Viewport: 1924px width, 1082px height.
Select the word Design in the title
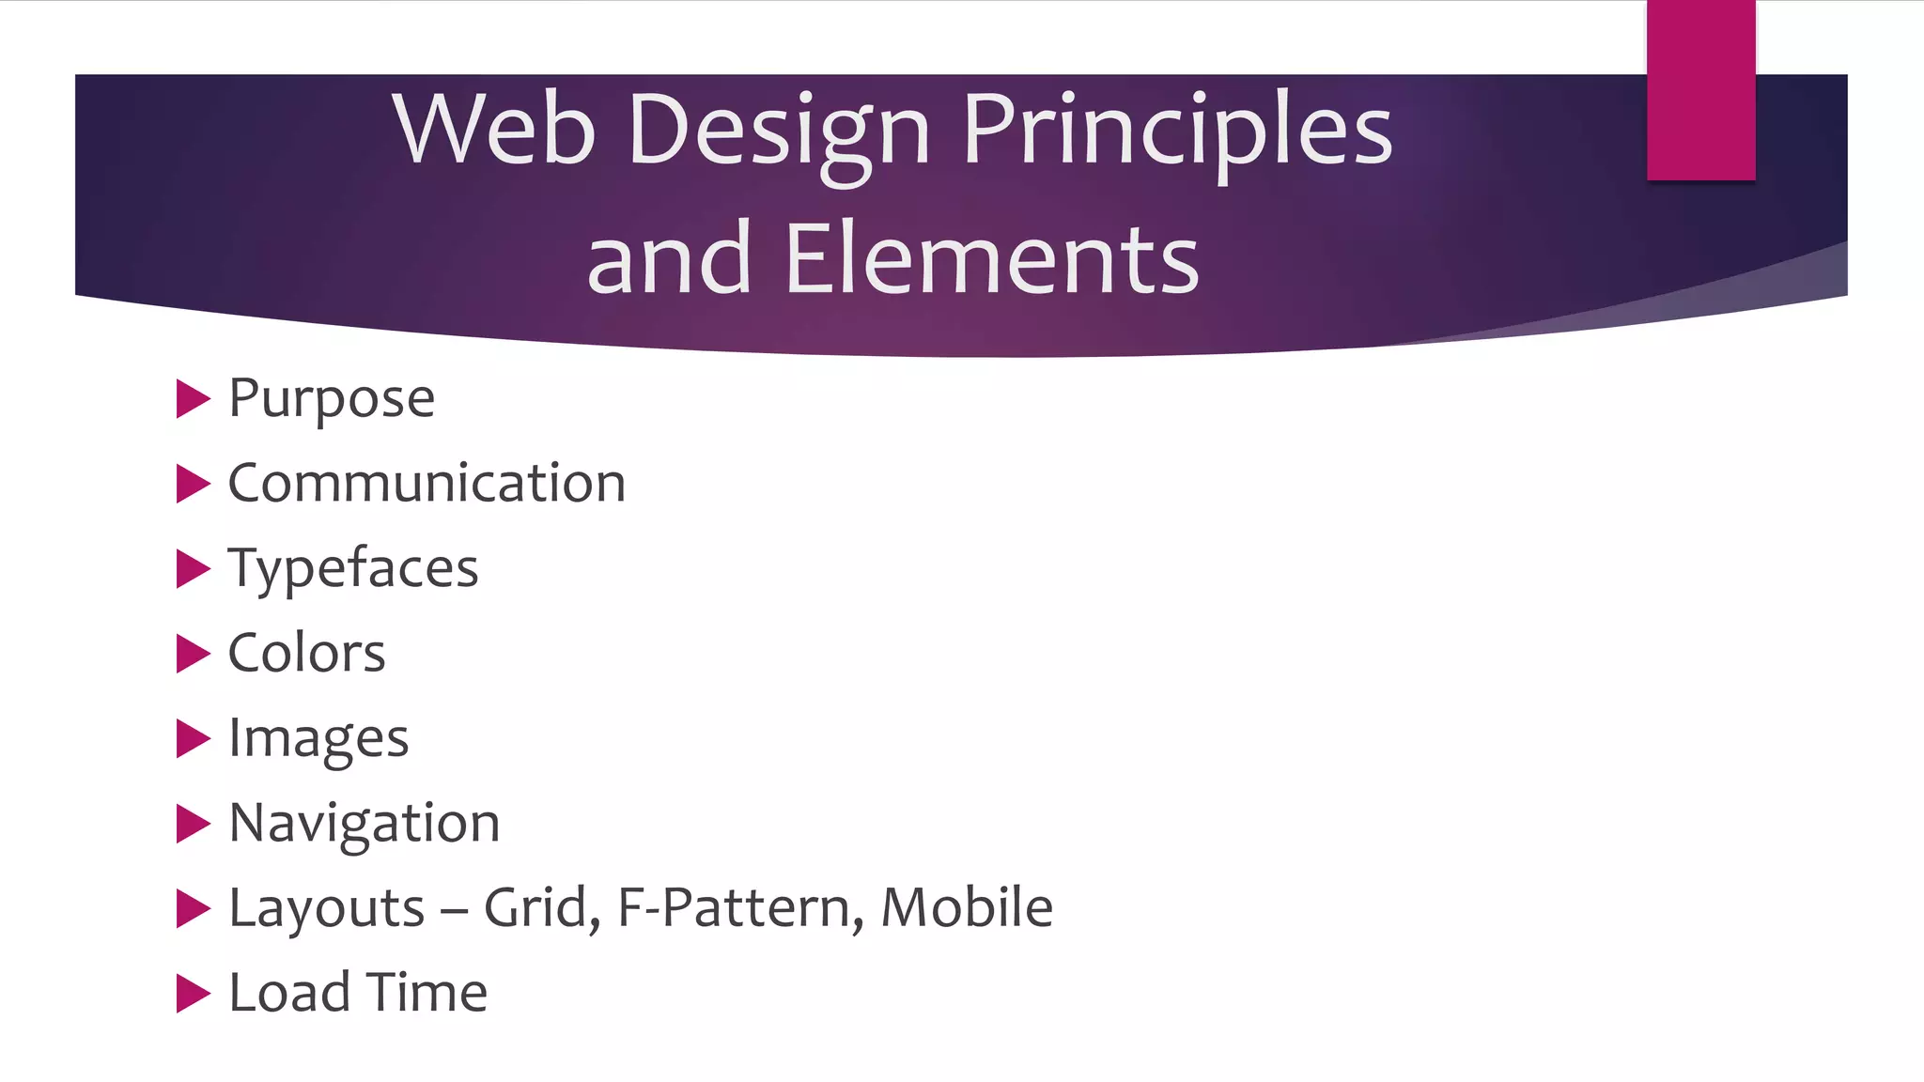click(779, 131)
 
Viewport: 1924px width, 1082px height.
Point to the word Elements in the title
click(991, 259)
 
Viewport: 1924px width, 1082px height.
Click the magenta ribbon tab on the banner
click(1700, 90)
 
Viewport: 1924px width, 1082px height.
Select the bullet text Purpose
click(332, 398)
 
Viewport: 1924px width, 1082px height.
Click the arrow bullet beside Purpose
click(193, 399)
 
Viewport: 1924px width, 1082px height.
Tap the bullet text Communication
click(427, 484)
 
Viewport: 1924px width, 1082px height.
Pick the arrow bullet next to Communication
click(193, 484)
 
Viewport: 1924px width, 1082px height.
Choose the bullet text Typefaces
click(353, 569)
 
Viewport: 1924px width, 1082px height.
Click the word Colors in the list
click(306, 654)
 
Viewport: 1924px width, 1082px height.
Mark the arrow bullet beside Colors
click(193, 654)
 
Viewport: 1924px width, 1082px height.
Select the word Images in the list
click(318, 739)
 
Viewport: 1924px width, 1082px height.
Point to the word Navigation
click(365, 824)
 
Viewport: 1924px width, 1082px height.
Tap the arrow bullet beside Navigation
click(193, 824)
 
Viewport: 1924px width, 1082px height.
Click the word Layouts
click(327, 909)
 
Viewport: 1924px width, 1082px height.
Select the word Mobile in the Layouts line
click(967, 907)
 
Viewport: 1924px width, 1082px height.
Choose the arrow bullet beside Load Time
click(193, 994)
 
